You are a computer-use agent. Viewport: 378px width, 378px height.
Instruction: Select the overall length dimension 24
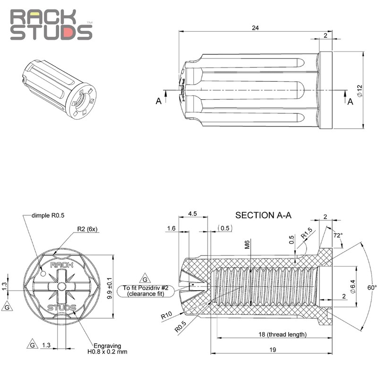[256, 28]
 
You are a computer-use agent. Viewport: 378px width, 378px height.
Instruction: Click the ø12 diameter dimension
[360, 91]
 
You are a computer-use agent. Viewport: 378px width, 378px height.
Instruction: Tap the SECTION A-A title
[263, 215]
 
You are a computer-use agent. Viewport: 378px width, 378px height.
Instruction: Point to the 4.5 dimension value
[192, 213]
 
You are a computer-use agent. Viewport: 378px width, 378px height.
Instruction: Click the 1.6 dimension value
[171, 229]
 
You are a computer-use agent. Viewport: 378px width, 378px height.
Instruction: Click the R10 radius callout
[167, 313]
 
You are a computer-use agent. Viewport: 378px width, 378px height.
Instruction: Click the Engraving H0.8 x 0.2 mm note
[110, 348]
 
